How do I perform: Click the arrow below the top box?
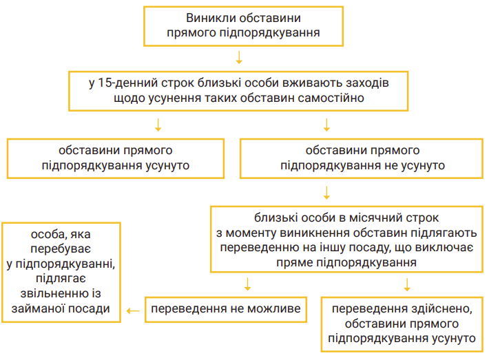(239, 58)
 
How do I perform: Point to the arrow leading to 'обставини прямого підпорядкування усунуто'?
(158, 125)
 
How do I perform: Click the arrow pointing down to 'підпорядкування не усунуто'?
(326, 125)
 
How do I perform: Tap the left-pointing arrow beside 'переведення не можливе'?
(133, 310)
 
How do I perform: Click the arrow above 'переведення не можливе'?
(248, 284)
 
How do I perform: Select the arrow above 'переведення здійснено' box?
(407, 284)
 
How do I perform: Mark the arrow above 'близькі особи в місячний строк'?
(326, 193)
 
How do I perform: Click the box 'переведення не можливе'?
(226, 310)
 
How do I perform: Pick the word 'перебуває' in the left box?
(61, 249)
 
